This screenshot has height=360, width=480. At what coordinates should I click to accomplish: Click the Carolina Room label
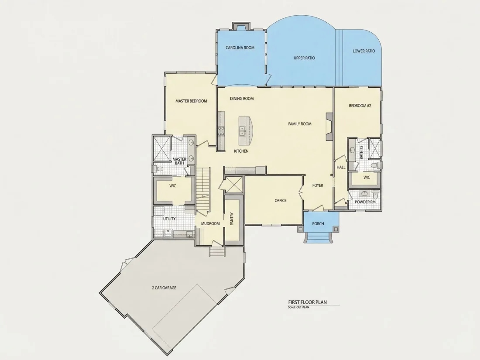(240, 48)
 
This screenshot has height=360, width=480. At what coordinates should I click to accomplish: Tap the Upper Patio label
(304, 58)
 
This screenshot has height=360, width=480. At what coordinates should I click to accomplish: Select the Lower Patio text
(363, 51)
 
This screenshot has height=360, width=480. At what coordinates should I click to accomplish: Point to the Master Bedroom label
(191, 101)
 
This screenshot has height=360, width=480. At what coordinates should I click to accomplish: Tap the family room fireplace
(329, 127)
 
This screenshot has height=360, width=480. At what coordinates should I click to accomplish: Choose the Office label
(281, 201)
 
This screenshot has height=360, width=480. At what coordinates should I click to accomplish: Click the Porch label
(318, 224)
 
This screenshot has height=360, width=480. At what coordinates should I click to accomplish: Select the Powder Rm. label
(366, 202)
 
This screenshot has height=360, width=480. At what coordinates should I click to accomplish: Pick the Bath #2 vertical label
(362, 152)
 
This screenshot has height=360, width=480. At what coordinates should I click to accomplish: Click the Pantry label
(232, 219)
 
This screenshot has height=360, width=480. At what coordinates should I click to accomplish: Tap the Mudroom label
(210, 223)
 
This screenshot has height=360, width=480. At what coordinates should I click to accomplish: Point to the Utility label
(169, 219)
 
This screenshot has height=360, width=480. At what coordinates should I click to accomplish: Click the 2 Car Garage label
(164, 288)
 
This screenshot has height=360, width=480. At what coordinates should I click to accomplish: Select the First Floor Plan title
(307, 302)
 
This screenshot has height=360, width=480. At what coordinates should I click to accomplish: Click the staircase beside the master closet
(202, 189)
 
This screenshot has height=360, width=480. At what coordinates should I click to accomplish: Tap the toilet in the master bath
(158, 169)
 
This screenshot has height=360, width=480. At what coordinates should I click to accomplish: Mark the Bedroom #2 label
(360, 106)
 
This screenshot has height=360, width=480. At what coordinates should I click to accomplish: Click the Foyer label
(317, 185)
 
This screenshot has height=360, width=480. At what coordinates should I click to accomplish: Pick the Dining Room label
(242, 99)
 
